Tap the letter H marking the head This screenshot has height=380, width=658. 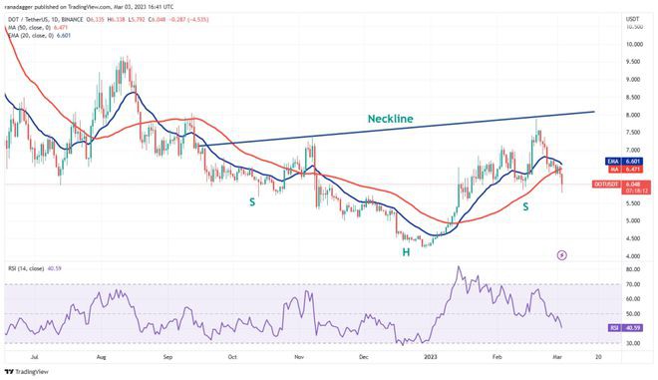coord(406,252)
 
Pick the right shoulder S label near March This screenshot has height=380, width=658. coord(525,205)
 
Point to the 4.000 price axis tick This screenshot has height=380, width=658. coord(632,256)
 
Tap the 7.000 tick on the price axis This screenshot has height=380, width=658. coord(632,150)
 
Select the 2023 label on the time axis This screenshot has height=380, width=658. coord(430,356)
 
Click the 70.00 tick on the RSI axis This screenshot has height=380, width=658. coord(632,284)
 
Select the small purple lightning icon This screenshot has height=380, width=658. coord(562,254)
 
